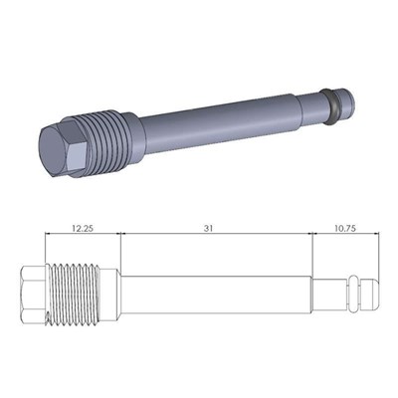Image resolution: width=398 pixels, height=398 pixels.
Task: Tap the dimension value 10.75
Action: (346, 228)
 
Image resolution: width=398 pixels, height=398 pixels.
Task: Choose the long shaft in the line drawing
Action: (214, 295)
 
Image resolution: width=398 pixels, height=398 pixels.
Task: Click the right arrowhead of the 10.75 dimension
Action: (377, 235)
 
